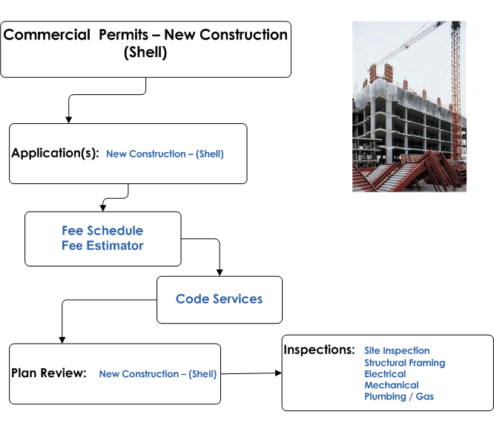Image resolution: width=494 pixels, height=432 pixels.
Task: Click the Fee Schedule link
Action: tap(102, 231)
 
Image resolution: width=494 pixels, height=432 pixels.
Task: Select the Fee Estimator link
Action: tap(102, 246)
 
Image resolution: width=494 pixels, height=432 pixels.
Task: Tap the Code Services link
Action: tap(219, 299)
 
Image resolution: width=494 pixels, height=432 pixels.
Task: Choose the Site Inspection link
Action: tap(397, 350)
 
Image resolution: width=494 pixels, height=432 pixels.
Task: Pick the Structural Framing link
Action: tap(404, 363)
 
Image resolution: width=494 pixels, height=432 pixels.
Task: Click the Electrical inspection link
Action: tap(385, 374)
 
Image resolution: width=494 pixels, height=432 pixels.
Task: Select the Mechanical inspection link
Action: tap(391, 385)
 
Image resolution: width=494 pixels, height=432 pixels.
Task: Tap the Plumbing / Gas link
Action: tap(398, 396)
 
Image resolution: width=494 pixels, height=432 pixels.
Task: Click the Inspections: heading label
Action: tap(320, 350)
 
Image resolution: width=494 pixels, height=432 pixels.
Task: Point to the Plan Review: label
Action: tap(50, 373)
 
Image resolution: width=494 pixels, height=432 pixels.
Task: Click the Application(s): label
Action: tap(55, 154)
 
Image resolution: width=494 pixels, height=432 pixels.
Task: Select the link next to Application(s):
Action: tap(165, 154)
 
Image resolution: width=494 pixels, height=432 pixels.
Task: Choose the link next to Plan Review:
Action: tap(158, 374)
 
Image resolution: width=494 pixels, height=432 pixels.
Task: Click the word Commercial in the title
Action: tap(47, 35)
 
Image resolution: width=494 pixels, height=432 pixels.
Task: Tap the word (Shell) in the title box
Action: tap(145, 53)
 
